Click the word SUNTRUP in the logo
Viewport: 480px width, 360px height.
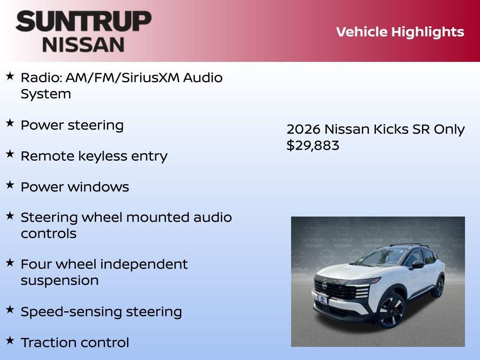pyautogui.click(x=83, y=21)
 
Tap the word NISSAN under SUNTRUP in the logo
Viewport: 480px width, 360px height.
pyautogui.click(x=83, y=44)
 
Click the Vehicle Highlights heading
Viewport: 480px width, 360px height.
pyautogui.click(x=400, y=32)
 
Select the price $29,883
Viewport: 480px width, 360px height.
pyautogui.click(x=313, y=145)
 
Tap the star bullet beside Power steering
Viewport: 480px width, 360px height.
pyautogui.click(x=10, y=123)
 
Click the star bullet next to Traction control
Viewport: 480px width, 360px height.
pyautogui.click(x=10, y=340)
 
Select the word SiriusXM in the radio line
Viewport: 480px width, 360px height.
pyautogui.click(x=150, y=77)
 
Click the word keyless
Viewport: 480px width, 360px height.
pyautogui.click(x=96, y=156)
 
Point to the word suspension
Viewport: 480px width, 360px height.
pyautogui.click(x=60, y=280)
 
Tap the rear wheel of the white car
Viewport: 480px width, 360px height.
pyautogui.click(x=439, y=287)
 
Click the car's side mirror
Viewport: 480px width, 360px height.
pyautogui.click(x=417, y=265)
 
